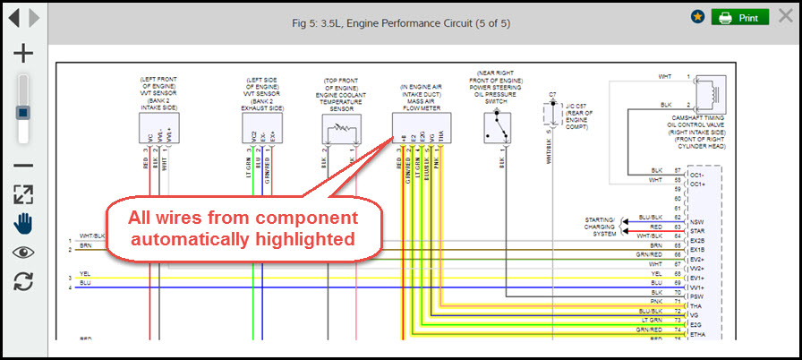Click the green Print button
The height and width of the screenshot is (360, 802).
739,18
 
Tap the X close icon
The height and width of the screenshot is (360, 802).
784,18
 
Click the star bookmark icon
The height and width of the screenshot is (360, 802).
697,17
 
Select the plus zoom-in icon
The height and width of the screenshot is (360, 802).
23,53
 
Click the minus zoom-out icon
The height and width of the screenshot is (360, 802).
23,165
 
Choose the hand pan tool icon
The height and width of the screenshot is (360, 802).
23,223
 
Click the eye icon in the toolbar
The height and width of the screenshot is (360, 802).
23,252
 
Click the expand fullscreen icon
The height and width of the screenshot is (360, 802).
23,194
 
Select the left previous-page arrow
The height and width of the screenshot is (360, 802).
13,17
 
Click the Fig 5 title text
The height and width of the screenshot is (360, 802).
401,21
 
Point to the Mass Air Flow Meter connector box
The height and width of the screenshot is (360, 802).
422,126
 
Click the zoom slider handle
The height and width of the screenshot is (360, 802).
23,113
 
